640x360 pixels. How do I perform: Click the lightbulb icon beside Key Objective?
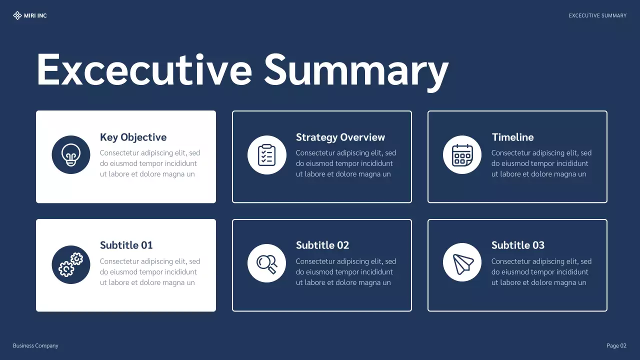coord(71,155)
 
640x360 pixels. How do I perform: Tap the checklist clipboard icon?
coord(267,155)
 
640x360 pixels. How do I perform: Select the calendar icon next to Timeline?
coord(462,155)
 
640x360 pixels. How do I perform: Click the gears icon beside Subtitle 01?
coord(71,264)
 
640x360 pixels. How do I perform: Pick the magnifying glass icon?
coord(267,263)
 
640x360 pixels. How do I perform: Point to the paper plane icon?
coord(462,263)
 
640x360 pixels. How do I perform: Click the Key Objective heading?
coord(133,137)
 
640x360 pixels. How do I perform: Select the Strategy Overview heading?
coord(340,137)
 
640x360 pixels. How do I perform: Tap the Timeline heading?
coord(512,137)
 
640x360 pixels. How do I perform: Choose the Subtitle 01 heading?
coord(126,245)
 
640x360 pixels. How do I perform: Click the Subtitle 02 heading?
coord(322,245)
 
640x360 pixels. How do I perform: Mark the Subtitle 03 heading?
coord(518,245)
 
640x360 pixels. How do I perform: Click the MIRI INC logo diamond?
coord(17,15)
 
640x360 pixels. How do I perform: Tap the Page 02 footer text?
coord(616,346)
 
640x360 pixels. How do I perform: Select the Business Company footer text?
coord(35,346)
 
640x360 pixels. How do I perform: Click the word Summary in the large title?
coord(356,70)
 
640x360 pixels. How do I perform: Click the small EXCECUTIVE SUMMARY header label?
coord(597,16)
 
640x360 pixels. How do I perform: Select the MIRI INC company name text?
coord(35,16)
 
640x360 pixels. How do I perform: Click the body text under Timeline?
coord(541,163)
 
